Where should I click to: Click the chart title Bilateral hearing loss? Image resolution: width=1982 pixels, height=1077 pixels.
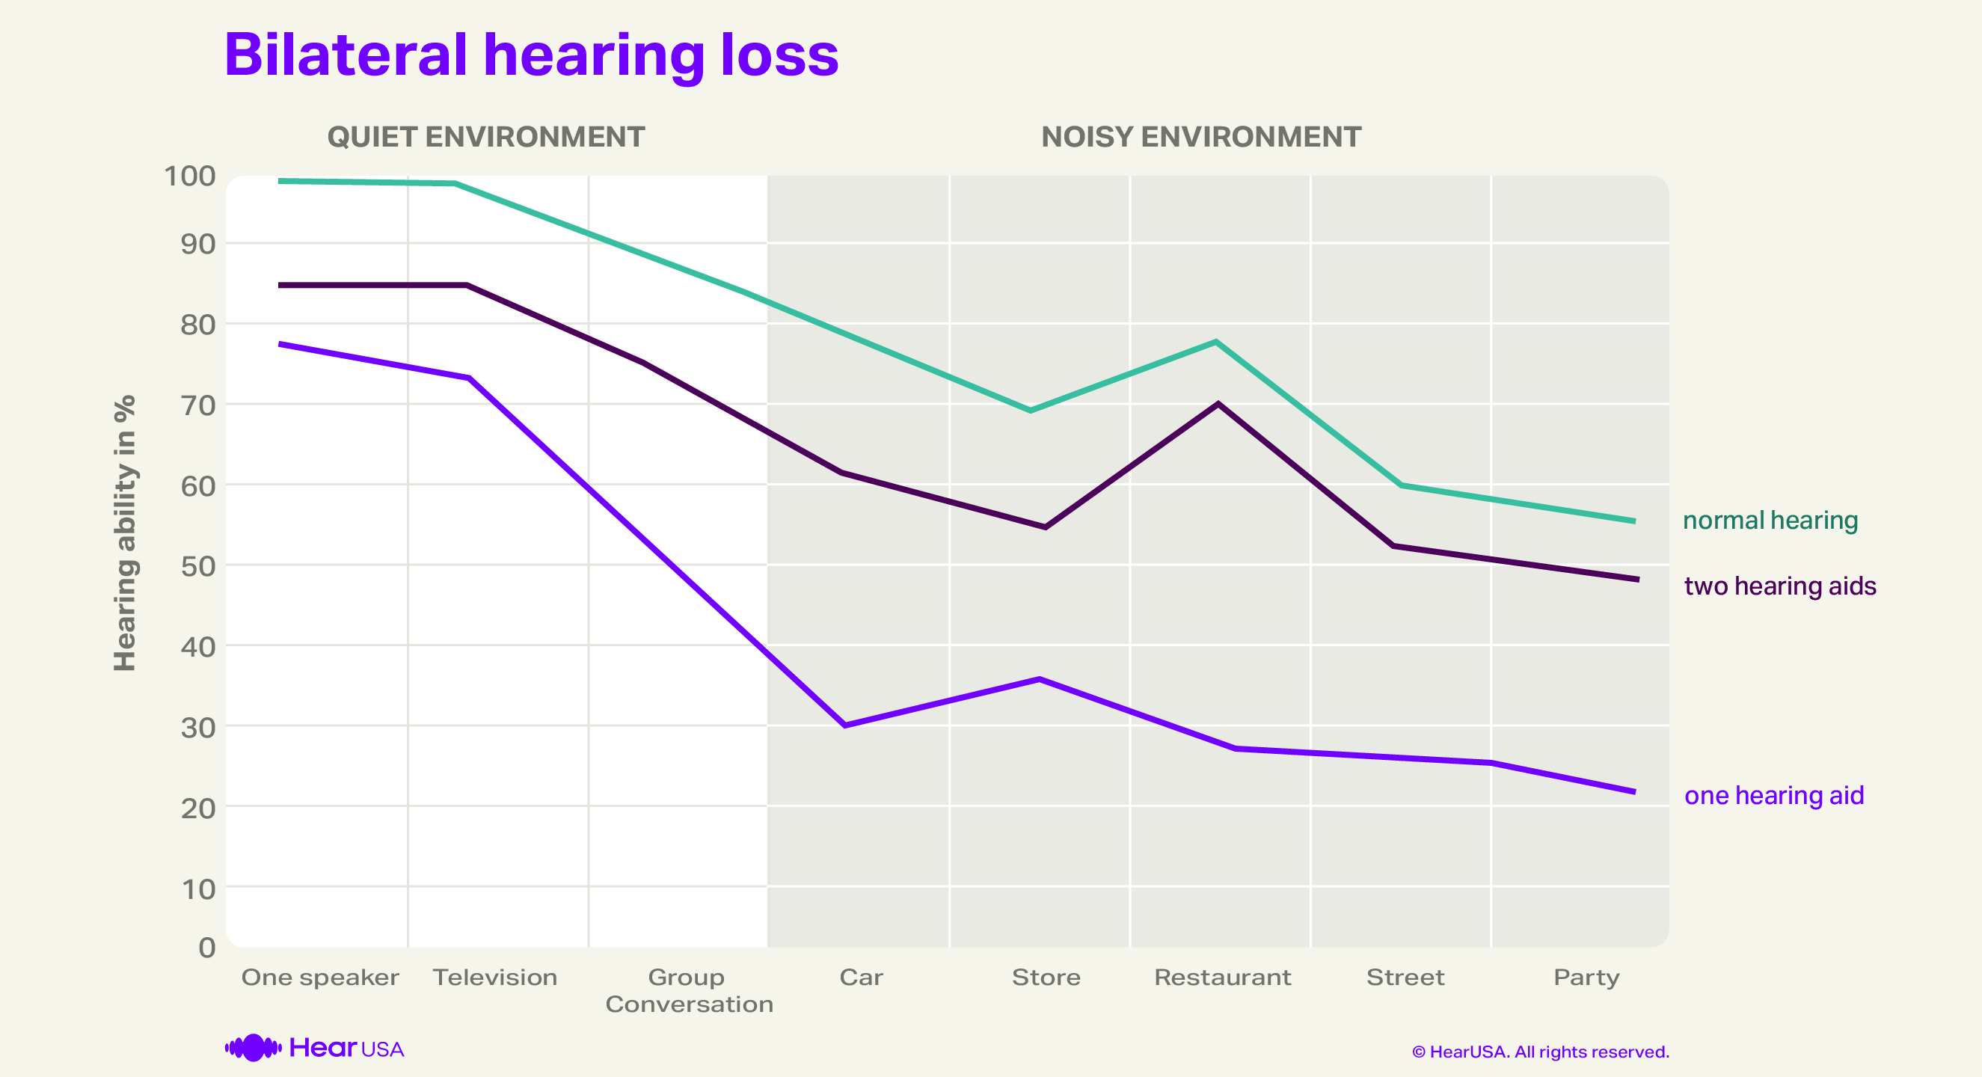tap(531, 55)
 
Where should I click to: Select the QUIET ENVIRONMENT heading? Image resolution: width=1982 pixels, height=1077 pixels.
tap(485, 137)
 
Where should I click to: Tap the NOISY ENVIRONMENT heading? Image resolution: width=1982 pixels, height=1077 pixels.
tap(1200, 137)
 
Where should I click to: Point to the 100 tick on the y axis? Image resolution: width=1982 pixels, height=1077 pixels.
tap(189, 177)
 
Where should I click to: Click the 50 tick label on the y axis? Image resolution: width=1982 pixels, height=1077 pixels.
tap(197, 566)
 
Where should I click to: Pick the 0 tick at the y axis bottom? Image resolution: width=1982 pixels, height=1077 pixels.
tap(207, 948)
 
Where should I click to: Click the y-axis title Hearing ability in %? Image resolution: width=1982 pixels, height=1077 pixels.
tap(125, 533)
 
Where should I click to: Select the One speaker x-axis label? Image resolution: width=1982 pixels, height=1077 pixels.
tap(320, 978)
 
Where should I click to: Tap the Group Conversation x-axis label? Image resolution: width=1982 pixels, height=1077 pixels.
tap(689, 991)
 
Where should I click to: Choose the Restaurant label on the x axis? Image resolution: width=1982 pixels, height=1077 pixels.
tap(1222, 978)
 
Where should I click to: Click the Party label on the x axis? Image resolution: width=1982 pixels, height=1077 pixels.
tap(1586, 978)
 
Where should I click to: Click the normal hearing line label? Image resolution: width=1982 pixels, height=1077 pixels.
tap(1770, 521)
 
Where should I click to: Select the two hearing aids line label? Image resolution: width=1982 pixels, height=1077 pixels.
tap(1779, 586)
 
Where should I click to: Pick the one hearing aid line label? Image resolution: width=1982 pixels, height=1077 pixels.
tap(1773, 796)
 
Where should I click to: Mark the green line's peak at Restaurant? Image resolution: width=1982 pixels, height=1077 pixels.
tap(1215, 342)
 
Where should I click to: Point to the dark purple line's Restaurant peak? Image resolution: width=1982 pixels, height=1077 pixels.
tap(1218, 403)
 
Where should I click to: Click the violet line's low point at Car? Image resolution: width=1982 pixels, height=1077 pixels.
tap(845, 725)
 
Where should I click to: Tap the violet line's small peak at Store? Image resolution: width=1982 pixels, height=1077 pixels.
tap(1040, 679)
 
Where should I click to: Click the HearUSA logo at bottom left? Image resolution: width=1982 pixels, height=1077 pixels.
tap(314, 1048)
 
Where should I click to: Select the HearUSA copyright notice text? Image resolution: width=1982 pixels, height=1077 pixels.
tap(1539, 1052)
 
